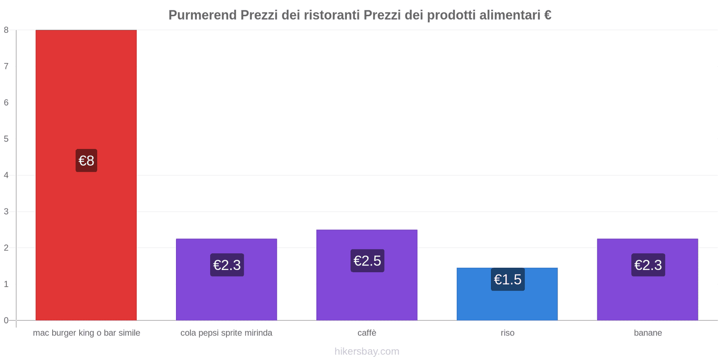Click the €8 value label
[86, 161]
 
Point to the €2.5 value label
[367, 261]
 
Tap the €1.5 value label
[508, 279]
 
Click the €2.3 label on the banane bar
[648, 265]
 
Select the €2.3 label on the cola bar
[227, 265]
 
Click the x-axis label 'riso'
[508, 333]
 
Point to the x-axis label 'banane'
[648, 333]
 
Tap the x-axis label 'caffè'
[367, 333]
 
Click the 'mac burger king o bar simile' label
[86, 333]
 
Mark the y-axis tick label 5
[6, 139]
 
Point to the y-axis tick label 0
[6, 320]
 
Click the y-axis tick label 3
[6, 211]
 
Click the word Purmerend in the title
[202, 15]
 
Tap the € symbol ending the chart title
[548, 15]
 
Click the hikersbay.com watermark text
[367, 351]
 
